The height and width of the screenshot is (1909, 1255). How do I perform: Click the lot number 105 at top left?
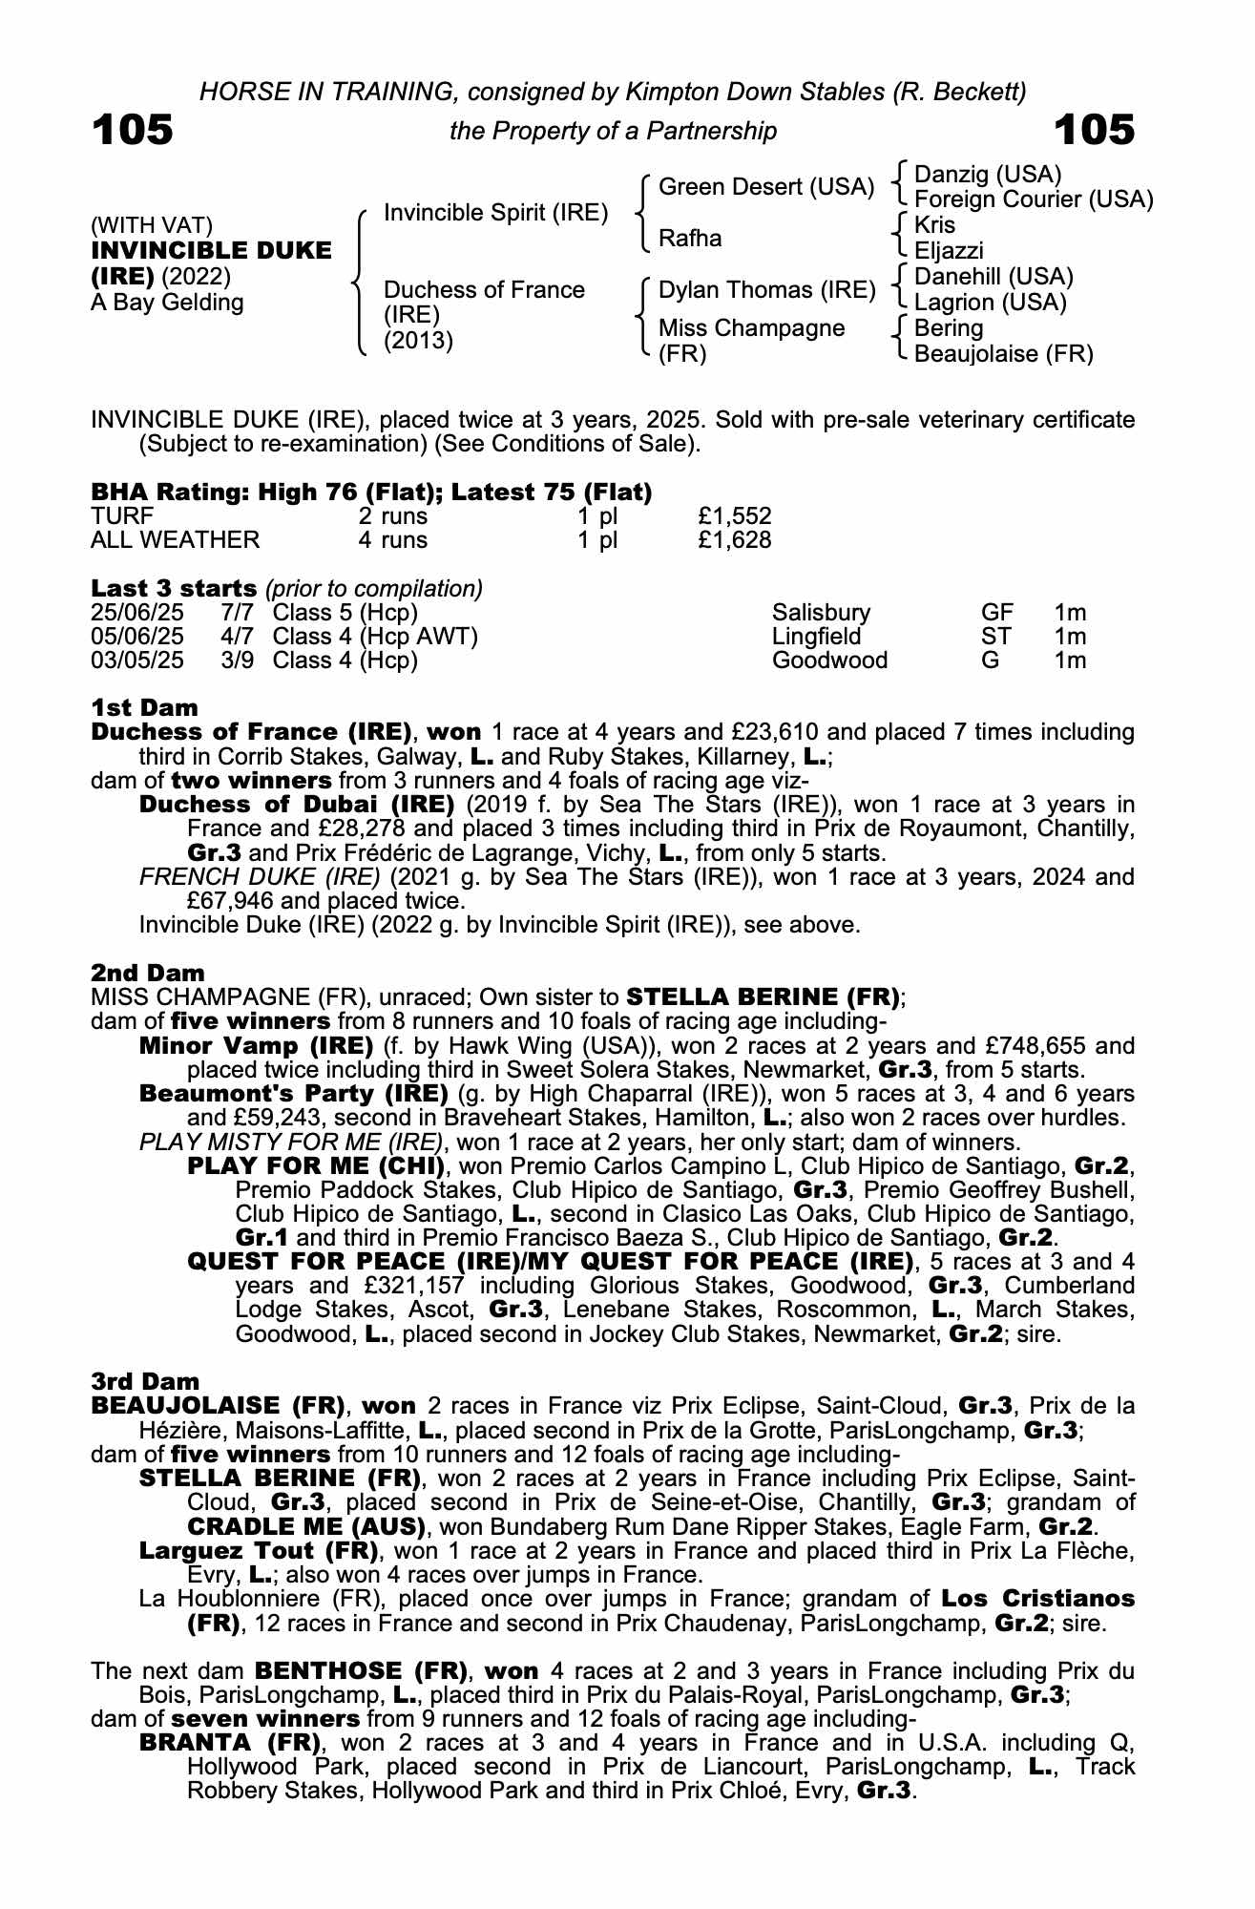pos(133,130)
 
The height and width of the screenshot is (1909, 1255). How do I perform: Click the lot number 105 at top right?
pos(1094,130)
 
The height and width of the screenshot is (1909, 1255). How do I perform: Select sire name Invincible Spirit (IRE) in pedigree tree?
pos(495,213)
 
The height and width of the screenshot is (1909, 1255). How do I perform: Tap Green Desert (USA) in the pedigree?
pos(766,187)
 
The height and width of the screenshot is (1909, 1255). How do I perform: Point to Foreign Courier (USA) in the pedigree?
pos(1034,199)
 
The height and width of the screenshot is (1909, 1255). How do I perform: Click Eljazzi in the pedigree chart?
pos(948,251)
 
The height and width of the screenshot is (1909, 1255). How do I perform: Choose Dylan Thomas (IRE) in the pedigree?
pos(766,290)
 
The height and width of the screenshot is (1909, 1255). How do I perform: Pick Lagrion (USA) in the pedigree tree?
pos(990,303)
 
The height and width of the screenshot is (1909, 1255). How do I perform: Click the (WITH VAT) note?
pos(152,226)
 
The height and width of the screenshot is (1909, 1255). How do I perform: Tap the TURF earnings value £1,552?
pos(734,516)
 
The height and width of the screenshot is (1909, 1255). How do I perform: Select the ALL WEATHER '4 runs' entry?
pos(392,540)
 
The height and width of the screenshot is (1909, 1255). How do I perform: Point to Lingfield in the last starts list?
pos(816,637)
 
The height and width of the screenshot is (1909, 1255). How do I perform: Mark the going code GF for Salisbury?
pos(996,613)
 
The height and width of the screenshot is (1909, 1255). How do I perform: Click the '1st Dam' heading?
pos(145,708)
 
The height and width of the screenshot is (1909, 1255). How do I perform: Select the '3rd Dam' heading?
pos(145,1381)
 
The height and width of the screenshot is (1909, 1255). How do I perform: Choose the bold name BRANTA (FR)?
pos(225,1742)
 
